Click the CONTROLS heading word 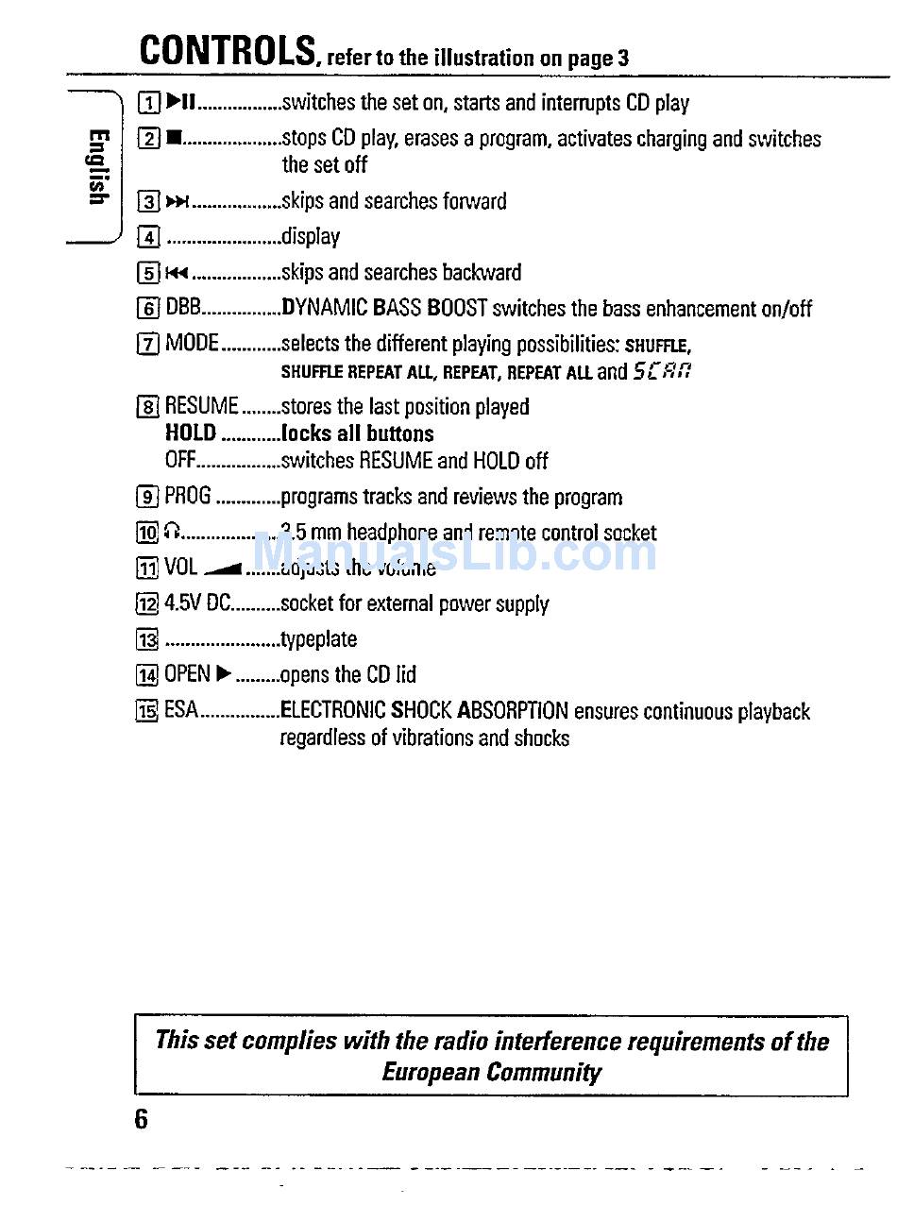pos(227,49)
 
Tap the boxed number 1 pos(147,102)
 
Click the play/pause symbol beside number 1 pos(179,102)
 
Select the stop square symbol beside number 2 pos(173,138)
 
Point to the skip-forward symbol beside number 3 pos(178,201)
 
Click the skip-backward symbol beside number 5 pos(178,273)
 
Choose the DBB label pos(183,308)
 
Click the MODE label pos(192,343)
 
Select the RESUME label pos(201,407)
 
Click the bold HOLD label pos(191,433)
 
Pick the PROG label pos(188,497)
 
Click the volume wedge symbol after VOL pos(224,569)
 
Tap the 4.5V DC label pos(197,603)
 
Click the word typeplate pos(319,639)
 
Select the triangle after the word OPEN pos(224,674)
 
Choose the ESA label pos(181,710)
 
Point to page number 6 pos(142,1119)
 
